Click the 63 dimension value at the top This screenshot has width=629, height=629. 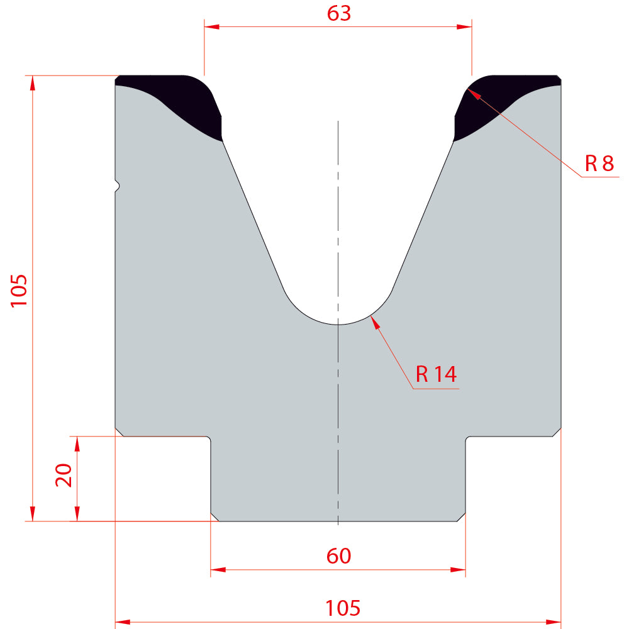[x=339, y=13]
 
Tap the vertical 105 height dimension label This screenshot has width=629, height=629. [x=19, y=291]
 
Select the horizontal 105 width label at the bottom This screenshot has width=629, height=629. [x=343, y=608]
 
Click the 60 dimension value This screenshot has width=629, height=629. [x=338, y=556]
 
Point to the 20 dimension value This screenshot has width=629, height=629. [x=64, y=476]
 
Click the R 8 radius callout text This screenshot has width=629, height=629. [x=599, y=164]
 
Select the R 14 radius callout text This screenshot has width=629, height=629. [x=436, y=374]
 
